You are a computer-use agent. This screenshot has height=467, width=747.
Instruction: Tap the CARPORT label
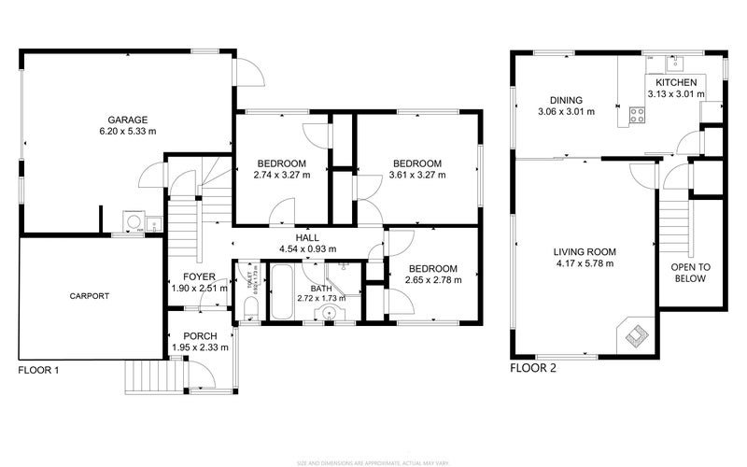(89, 296)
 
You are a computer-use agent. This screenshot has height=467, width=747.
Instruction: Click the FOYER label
(199, 276)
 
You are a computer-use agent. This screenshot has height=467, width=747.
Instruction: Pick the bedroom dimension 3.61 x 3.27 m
(416, 175)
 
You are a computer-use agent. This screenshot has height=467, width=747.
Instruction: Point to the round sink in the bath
(330, 315)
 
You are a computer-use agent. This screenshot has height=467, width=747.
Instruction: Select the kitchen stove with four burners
(638, 115)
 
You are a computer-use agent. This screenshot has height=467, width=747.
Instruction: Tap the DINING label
(566, 100)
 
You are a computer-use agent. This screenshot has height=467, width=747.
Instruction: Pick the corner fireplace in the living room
(637, 333)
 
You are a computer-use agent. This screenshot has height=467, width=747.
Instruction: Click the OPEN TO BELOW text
(691, 272)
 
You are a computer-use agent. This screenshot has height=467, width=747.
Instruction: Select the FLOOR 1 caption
(38, 370)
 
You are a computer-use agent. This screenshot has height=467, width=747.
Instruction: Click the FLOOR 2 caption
(532, 368)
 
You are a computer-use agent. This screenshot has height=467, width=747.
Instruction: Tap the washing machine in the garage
(135, 222)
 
